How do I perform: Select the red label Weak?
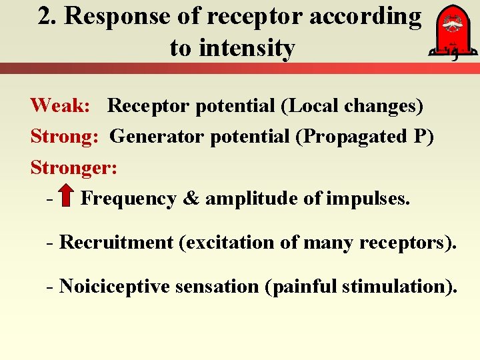pyautogui.click(x=59, y=105)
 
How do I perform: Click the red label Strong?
pyautogui.click(x=65, y=137)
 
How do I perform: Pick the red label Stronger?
pyautogui.click(x=74, y=167)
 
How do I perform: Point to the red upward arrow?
pyautogui.click(x=66, y=198)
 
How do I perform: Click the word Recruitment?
pyautogui.click(x=116, y=243)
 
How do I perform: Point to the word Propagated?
pyautogui.click(x=355, y=137)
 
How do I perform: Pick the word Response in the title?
pyautogui.click(x=110, y=17)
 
